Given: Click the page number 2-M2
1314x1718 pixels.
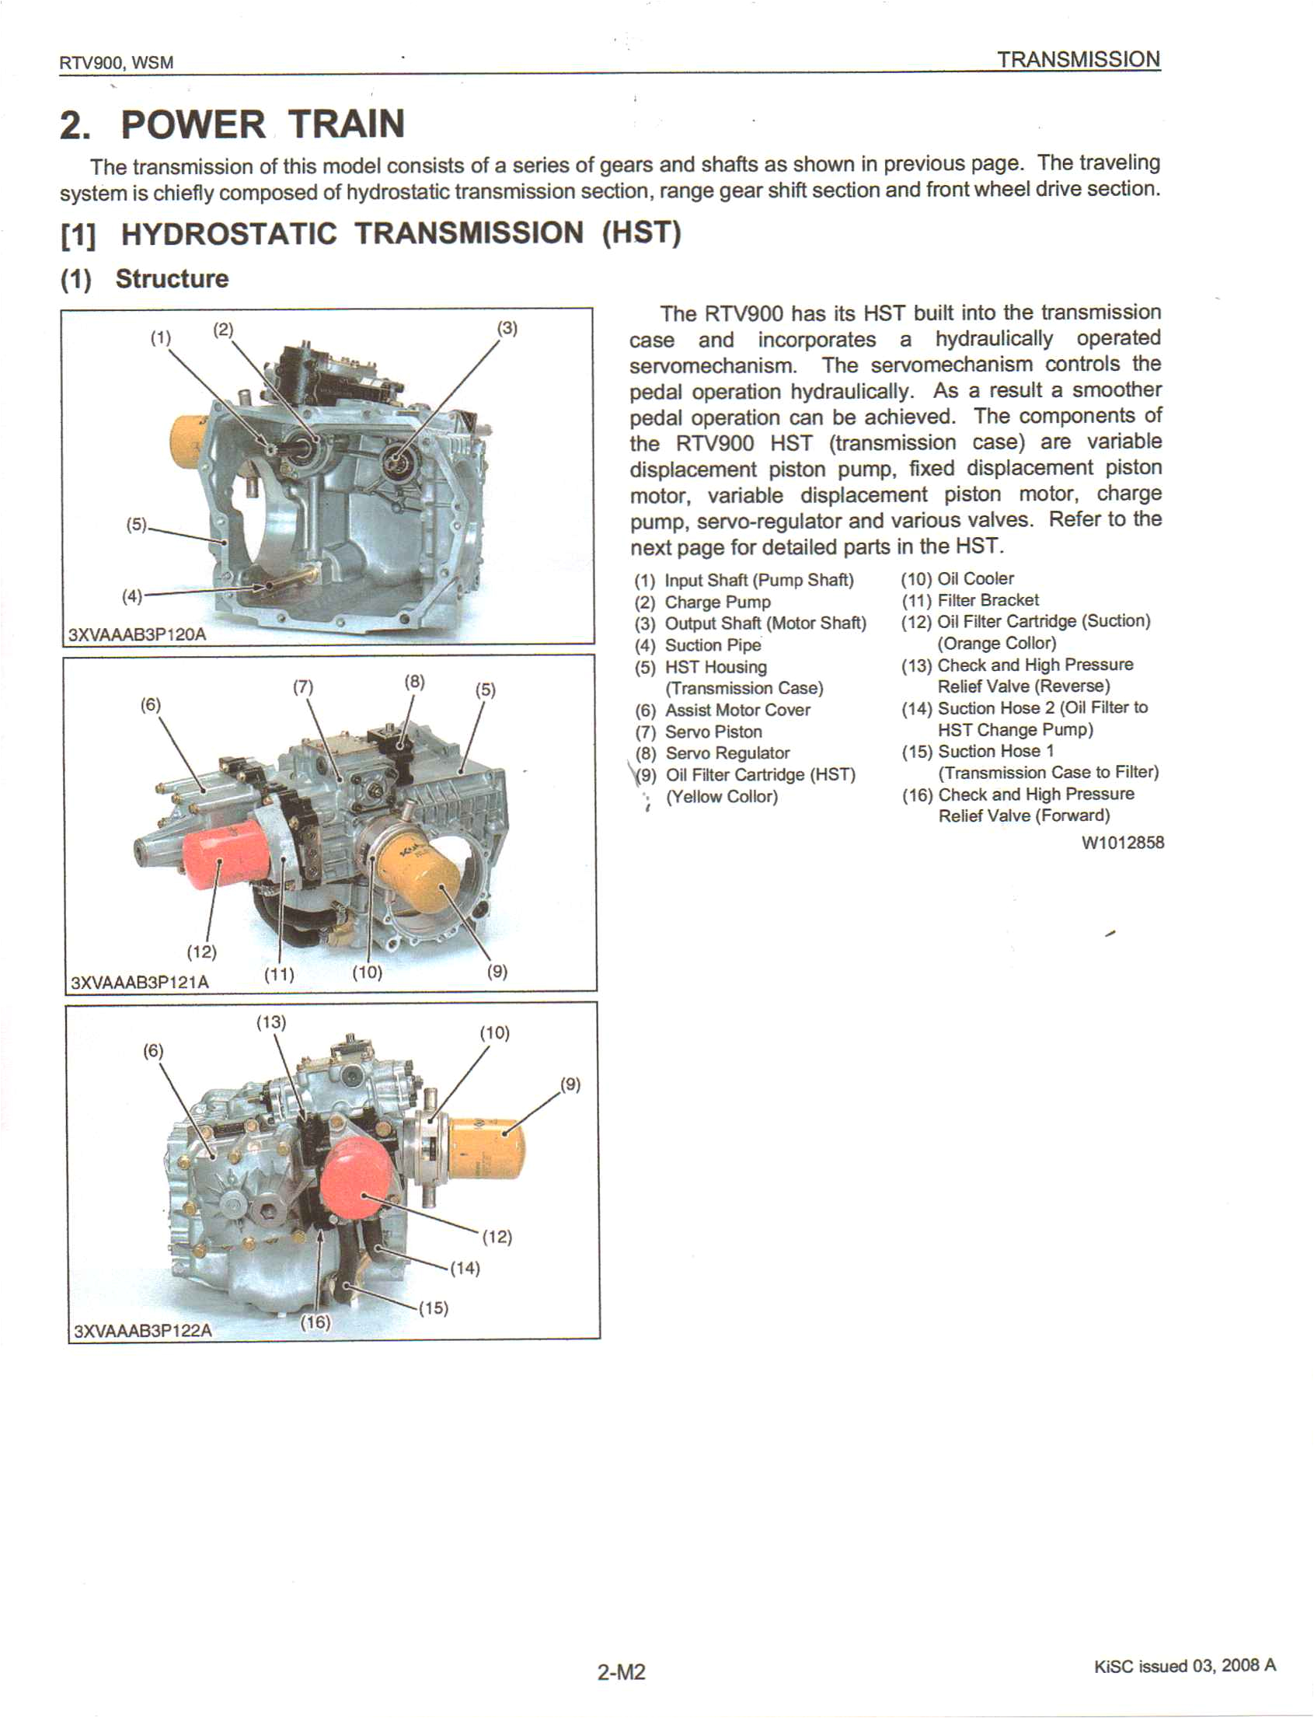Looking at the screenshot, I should tap(621, 1672).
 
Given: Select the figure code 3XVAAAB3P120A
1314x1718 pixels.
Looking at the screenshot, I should tap(138, 634).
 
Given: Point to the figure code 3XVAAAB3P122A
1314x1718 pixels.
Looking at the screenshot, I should tap(142, 1331).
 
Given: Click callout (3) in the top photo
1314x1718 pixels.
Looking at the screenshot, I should tap(507, 328).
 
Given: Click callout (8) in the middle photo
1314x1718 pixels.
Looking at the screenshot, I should tap(414, 681).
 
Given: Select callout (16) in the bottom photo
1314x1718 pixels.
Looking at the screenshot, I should tap(316, 1322).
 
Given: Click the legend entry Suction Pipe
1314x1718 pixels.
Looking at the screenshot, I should tap(712, 645).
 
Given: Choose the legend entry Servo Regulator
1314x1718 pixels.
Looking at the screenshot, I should tap(727, 753).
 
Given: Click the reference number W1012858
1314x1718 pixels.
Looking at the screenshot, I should tap(1122, 843).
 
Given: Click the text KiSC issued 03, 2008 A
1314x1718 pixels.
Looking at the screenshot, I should tap(1184, 1665).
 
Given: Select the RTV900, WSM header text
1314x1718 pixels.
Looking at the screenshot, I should tap(116, 63).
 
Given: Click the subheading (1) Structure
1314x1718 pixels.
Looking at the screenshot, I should tap(145, 278).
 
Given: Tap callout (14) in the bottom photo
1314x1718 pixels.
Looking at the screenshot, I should tap(465, 1268).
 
